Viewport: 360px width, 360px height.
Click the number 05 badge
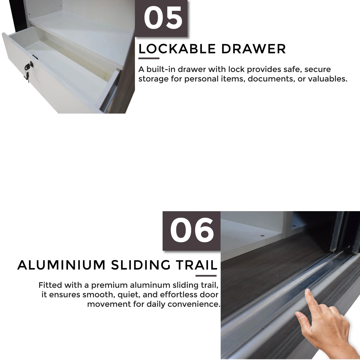click(x=163, y=19)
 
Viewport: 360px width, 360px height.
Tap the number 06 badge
click(x=192, y=230)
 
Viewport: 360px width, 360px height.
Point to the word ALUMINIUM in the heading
click(x=61, y=265)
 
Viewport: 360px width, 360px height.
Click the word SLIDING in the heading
click(x=141, y=265)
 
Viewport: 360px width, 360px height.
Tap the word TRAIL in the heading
click(x=197, y=265)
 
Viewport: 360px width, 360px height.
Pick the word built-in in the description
click(x=160, y=69)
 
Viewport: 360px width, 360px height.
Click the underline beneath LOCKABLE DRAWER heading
click(x=149, y=58)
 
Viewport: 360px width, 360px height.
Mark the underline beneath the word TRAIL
click(x=206, y=276)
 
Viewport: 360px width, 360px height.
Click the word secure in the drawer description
click(x=317, y=69)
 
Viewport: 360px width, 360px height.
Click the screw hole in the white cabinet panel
click(x=262, y=236)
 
